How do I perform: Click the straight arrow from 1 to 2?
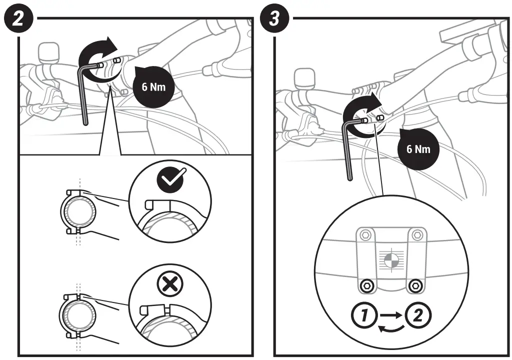(x=390, y=315)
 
